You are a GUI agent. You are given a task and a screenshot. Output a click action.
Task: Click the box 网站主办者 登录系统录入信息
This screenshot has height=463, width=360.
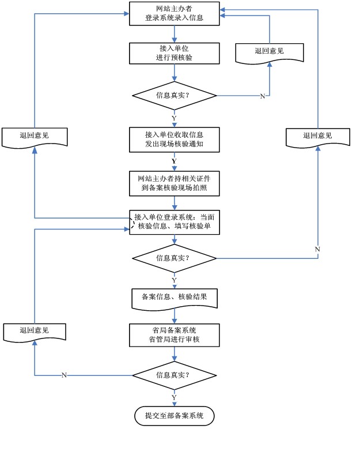[174, 14]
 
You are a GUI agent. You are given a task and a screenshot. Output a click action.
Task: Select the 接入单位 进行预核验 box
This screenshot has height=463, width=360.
[174, 53]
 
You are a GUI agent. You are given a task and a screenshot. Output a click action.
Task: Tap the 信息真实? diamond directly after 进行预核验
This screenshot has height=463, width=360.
[174, 95]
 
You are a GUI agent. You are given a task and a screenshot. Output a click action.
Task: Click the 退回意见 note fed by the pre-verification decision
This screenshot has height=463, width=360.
[270, 51]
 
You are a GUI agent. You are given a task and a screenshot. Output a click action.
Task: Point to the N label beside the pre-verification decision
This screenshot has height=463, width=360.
[263, 96]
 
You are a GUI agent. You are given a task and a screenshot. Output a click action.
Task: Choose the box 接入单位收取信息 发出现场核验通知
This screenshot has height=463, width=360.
[174, 140]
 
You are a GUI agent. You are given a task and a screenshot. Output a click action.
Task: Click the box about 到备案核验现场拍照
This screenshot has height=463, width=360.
[174, 183]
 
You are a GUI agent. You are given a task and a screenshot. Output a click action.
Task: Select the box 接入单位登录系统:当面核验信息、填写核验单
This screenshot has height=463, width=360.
[174, 222]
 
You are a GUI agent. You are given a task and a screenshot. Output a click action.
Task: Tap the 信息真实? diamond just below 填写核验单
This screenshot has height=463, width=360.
[174, 258]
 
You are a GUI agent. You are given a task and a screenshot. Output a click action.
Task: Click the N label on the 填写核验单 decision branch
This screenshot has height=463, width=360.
[317, 248]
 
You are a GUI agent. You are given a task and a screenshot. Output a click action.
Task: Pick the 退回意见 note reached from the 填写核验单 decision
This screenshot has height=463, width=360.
[318, 136]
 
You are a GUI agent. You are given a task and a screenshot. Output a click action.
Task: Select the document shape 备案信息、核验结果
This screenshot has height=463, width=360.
[174, 298]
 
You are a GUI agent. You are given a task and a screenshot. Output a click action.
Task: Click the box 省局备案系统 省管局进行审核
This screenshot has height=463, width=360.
[174, 335]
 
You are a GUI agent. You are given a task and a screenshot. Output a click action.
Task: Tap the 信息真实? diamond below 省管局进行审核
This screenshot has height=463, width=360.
[174, 375]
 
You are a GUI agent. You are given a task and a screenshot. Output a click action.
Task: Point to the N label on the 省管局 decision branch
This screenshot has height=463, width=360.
[64, 375]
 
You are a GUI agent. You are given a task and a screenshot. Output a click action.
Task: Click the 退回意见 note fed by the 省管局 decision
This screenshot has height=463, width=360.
[34, 331]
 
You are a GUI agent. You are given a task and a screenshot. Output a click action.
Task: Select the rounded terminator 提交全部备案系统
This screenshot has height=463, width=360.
[174, 416]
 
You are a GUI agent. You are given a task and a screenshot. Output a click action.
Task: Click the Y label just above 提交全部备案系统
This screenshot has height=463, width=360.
[174, 397]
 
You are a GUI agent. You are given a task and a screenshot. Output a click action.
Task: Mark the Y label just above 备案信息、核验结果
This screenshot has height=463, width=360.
[174, 280]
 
